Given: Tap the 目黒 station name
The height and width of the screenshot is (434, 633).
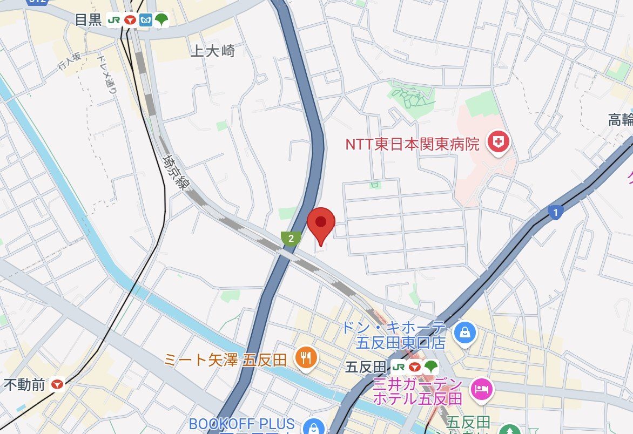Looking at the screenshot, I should (87, 20).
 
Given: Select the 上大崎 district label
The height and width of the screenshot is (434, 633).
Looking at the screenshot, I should (213, 51).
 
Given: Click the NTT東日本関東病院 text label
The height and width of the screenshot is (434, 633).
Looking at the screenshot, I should (412, 144).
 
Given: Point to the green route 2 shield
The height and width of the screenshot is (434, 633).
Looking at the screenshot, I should (291, 238).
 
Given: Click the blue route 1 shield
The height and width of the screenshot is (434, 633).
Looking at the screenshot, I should (555, 212).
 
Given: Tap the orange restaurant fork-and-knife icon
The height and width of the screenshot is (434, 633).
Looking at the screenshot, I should (306, 357).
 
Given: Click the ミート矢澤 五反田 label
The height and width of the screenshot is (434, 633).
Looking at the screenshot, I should (226, 360).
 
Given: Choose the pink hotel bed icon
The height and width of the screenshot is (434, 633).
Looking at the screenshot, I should (480, 389).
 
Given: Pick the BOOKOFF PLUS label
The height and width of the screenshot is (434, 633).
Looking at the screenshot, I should (242, 424).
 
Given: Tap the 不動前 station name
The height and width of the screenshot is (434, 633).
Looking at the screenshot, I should (24, 385).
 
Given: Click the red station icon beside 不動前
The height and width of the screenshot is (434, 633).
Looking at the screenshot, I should (58, 385).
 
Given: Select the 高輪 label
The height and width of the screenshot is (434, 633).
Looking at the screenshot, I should (620, 120).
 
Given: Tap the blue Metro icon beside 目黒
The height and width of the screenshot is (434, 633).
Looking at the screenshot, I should (145, 21).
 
